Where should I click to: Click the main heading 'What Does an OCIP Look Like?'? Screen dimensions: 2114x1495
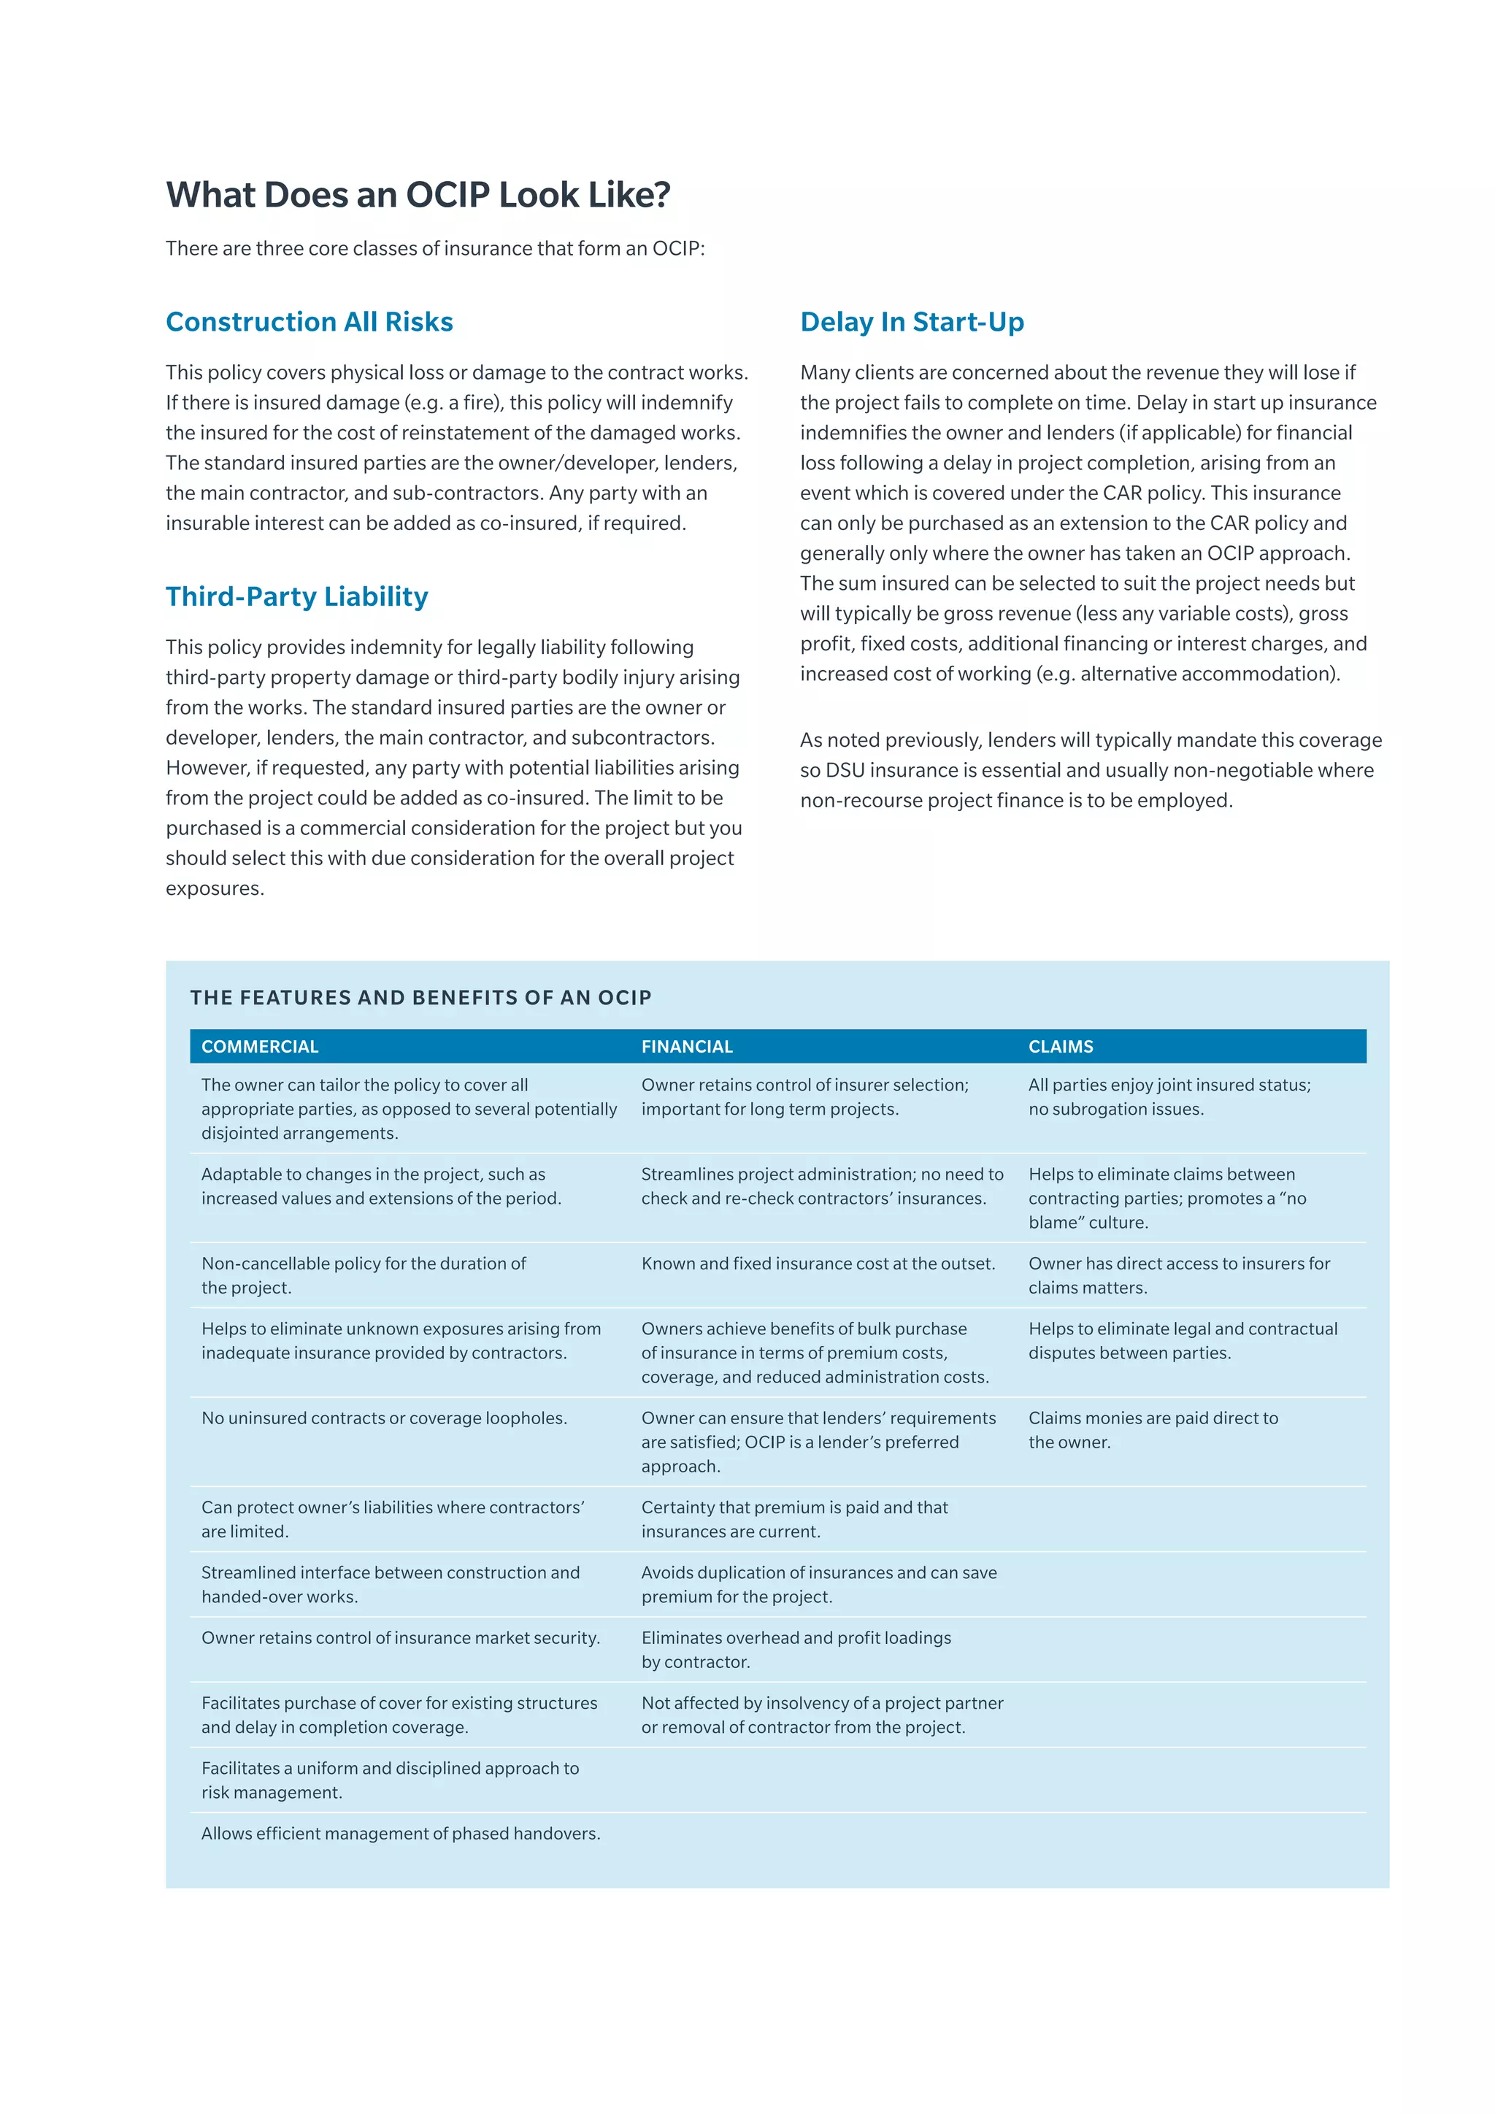[418, 195]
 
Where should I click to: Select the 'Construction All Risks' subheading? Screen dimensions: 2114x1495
[310, 321]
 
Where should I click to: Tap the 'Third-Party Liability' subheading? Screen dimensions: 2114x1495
[296, 596]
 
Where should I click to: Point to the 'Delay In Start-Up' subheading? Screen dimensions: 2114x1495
[911, 321]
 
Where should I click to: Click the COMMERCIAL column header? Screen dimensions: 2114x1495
[260, 1047]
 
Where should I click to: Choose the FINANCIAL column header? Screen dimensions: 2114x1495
[687, 1047]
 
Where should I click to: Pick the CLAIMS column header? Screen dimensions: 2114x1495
[1061, 1047]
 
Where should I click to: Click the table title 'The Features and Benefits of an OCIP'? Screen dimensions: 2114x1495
[420, 998]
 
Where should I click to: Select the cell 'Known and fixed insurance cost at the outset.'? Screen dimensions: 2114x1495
[818, 1264]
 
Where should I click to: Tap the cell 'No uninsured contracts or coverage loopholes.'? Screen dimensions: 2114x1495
[384, 1419]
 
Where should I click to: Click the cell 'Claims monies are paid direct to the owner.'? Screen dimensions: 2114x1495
[1153, 1430]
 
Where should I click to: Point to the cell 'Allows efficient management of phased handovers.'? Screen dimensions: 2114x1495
[401, 1834]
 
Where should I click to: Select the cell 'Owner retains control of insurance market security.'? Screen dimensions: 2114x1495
[401, 1638]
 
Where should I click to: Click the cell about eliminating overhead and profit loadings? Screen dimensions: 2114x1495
[796, 1650]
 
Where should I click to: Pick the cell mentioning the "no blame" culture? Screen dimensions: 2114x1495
[1167, 1199]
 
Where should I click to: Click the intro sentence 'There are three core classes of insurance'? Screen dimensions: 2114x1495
[434, 249]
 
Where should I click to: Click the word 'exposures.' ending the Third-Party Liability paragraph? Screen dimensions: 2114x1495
[215, 889]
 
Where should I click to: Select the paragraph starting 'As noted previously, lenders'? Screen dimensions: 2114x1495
[1090, 771]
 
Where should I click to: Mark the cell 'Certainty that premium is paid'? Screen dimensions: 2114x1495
[793, 1519]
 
